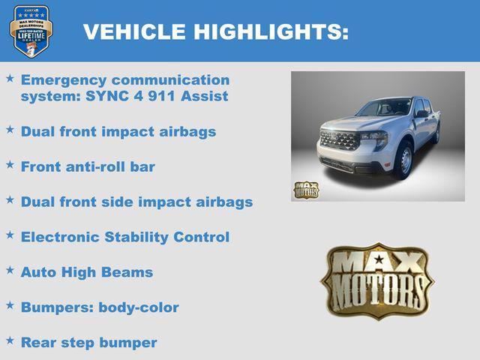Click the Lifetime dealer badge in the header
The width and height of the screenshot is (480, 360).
pos(31,31)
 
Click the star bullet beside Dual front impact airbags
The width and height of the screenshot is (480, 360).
pos(10,130)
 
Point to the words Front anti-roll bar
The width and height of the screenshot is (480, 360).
pos(88,166)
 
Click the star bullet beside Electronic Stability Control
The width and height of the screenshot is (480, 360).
pos(10,235)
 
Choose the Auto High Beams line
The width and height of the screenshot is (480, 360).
pos(86,271)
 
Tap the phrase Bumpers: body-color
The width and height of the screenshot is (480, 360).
pos(100,307)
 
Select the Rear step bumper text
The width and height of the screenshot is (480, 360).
pos(88,343)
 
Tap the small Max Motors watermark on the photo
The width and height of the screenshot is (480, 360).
pos(305,190)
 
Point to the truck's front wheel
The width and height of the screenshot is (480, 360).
pos(404,160)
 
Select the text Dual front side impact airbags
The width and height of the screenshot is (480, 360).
pos(136,202)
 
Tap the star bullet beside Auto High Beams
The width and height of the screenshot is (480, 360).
pos(10,270)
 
